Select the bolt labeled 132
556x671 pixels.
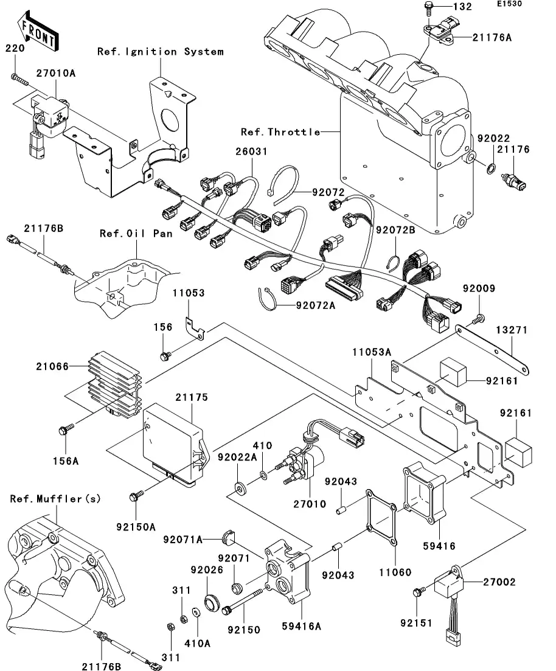pyautogui.click(x=428, y=8)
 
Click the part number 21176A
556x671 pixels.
pyautogui.click(x=491, y=38)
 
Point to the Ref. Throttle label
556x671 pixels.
pyautogui.click(x=280, y=132)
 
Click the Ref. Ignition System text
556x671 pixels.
pyautogui.click(x=161, y=52)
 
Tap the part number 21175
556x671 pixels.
pyautogui.click(x=192, y=397)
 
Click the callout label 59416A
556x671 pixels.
pyautogui.click(x=303, y=625)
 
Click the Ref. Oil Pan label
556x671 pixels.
pyautogui.click(x=136, y=233)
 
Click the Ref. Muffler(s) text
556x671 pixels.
pyautogui.click(x=55, y=499)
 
